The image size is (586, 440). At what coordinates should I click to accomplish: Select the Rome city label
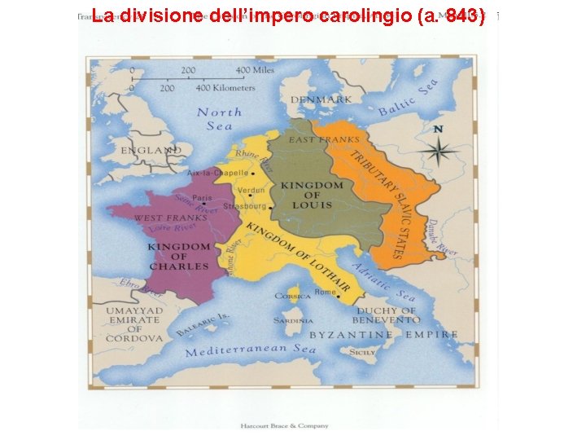pyautogui.click(x=325, y=292)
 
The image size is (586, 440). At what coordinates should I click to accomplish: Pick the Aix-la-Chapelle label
pyautogui.click(x=218, y=174)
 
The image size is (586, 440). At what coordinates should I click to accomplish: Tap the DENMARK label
pyautogui.click(x=326, y=99)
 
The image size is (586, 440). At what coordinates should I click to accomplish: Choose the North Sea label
pyautogui.click(x=219, y=119)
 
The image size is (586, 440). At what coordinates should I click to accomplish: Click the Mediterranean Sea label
pyautogui.click(x=251, y=350)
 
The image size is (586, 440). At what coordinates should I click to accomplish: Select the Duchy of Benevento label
pyautogui.click(x=386, y=316)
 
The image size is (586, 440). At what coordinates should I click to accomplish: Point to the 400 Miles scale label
pyautogui.click(x=255, y=70)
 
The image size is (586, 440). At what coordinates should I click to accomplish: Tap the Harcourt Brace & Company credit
pyautogui.click(x=284, y=425)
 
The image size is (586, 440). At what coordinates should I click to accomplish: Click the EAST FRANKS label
pyautogui.click(x=324, y=139)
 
